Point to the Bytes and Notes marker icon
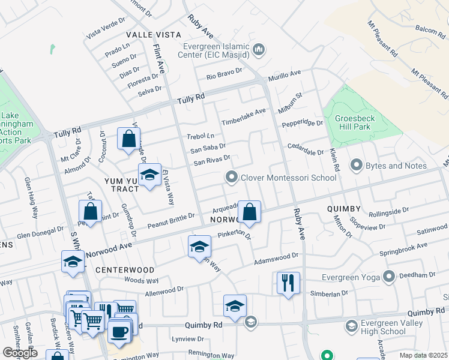click(x=356, y=166)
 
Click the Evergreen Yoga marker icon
click(x=389, y=276)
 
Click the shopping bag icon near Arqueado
click(x=250, y=212)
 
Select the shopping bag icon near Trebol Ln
click(x=128, y=139)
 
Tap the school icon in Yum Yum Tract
click(x=149, y=175)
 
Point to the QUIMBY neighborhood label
click(x=343, y=208)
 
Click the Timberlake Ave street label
click(x=243, y=112)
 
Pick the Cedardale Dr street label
click(x=306, y=152)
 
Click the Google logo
click(x=20, y=352)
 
